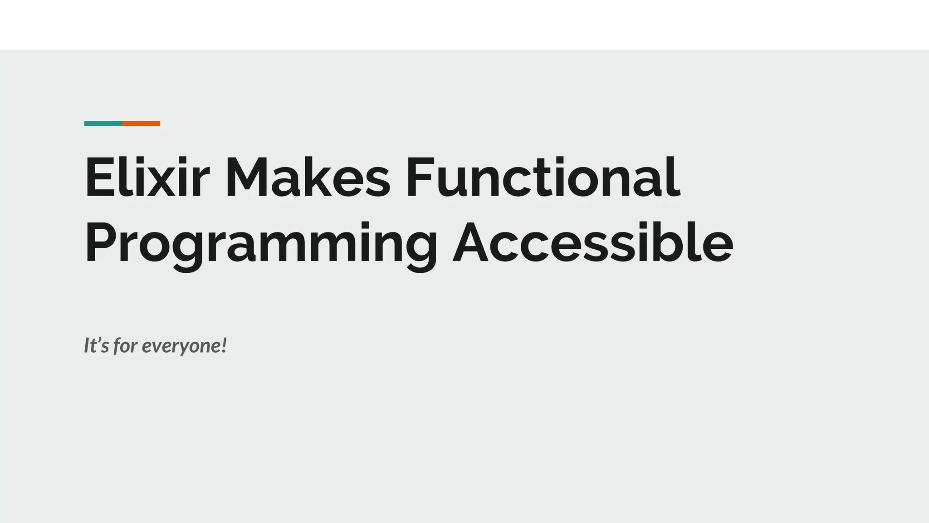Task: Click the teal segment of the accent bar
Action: pyautogui.click(x=103, y=123)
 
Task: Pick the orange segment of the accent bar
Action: pyautogui.click(x=141, y=123)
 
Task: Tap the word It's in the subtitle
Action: pyautogui.click(x=97, y=345)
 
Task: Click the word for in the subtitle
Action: pyautogui.click(x=125, y=346)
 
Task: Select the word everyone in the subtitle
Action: pyautogui.click(x=180, y=346)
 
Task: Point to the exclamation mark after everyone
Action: pyautogui.click(x=223, y=345)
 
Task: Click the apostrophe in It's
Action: pyautogui.click(x=101, y=340)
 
